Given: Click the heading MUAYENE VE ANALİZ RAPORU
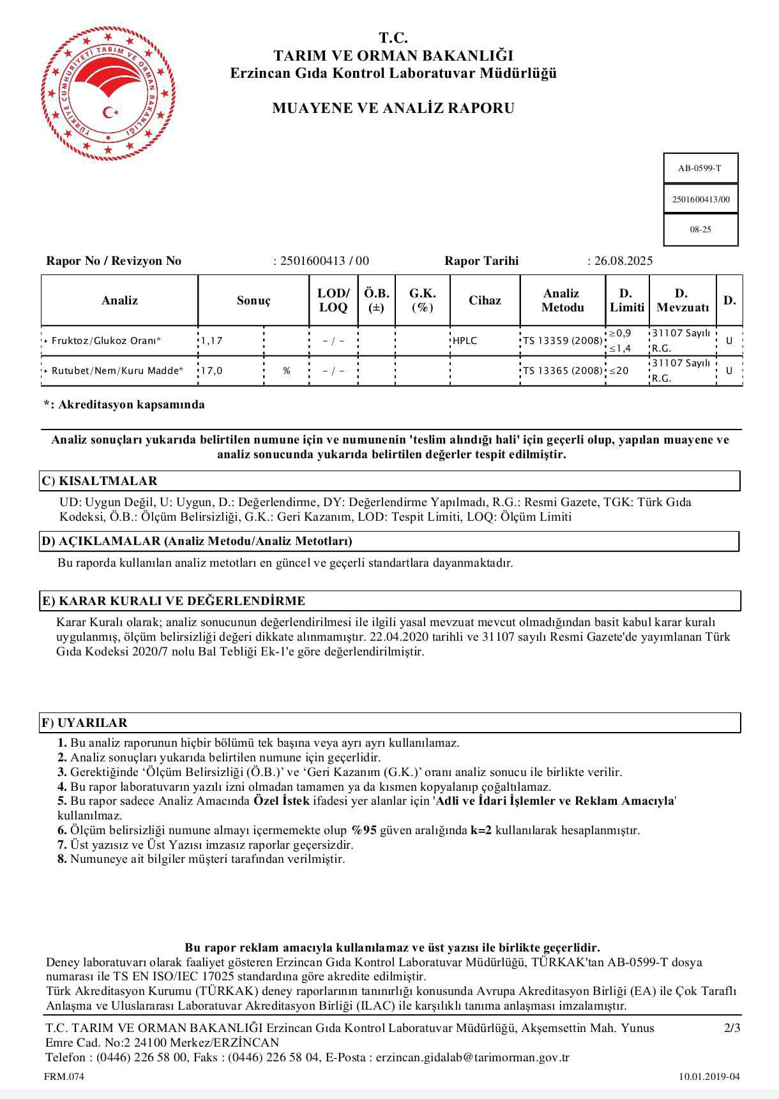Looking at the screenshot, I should point(393,108).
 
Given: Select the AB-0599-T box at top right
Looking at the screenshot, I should point(700,168).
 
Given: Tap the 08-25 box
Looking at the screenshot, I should point(700,229).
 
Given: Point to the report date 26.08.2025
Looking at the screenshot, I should point(623,261).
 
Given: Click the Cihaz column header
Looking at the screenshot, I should point(485,301).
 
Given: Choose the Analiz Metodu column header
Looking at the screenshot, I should point(562,301).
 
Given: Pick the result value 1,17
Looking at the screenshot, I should point(212,341).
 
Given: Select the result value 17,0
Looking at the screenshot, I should point(212,371).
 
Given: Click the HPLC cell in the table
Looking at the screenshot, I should point(465,341).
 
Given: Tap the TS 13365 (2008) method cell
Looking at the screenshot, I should point(563,371).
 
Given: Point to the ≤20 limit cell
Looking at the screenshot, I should point(619,371).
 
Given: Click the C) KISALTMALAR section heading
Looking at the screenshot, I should point(99,481).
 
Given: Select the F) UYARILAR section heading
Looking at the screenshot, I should point(84,723).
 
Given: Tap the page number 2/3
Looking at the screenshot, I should point(732,1028).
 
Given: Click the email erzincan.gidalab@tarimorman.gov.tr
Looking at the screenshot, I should point(473,1058).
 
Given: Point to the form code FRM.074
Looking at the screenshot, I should point(64,1077).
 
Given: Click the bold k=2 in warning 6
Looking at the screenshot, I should point(481,830).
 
